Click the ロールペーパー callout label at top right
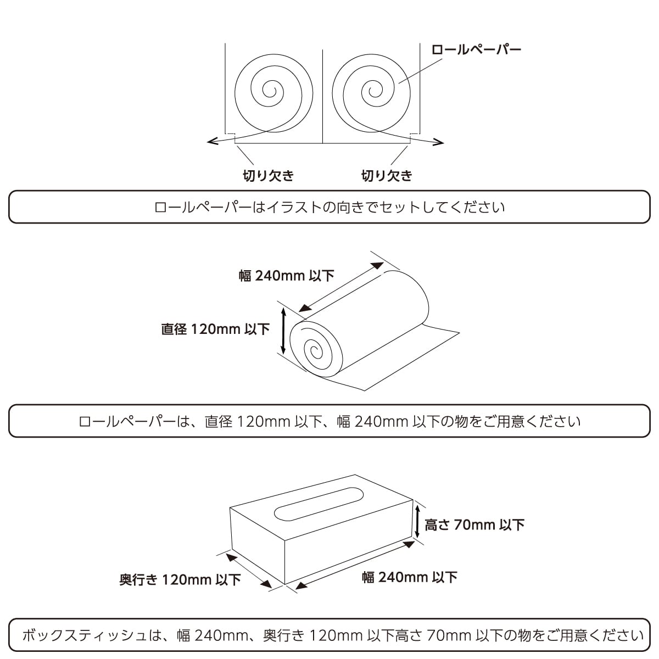476,49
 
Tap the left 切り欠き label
268,175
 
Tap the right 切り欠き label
387,175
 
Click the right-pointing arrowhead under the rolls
438,142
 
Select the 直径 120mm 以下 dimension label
215,329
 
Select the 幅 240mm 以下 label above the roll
286,276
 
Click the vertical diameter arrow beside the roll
283,331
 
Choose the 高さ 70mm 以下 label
474,525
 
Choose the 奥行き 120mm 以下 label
180,580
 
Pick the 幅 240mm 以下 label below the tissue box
409,578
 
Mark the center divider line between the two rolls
323,97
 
